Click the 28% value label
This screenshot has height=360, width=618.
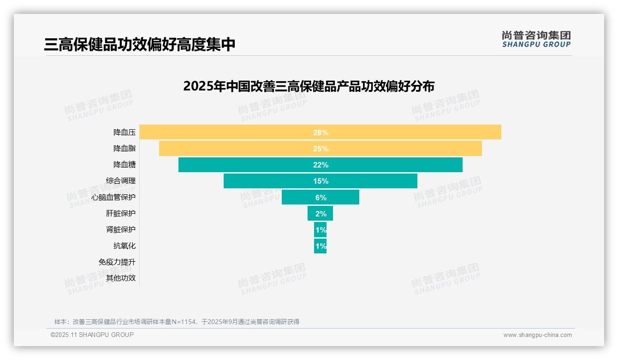[321, 132]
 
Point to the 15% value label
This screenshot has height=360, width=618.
[321, 181]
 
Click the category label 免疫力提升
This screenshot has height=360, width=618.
[117, 262]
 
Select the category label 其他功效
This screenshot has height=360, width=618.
[121, 278]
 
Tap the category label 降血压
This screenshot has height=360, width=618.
[125, 132]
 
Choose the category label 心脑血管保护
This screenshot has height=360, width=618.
[113, 197]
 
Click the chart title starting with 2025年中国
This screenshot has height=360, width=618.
[309, 86]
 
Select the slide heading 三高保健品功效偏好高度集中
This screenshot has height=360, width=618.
[140, 44]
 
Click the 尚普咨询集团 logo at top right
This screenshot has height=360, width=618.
[536, 39]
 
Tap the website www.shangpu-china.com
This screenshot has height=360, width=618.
[537, 335]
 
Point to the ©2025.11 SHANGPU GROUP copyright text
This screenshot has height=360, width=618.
[92, 335]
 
